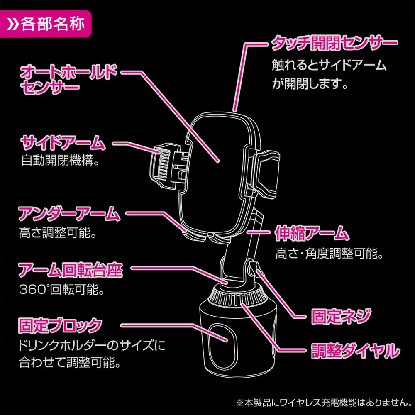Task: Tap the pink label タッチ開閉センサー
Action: tap(334, 43)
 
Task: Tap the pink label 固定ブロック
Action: tap(60, 324)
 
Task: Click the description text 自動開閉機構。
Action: tap(60, 161)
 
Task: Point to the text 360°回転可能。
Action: tap(61, 289)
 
